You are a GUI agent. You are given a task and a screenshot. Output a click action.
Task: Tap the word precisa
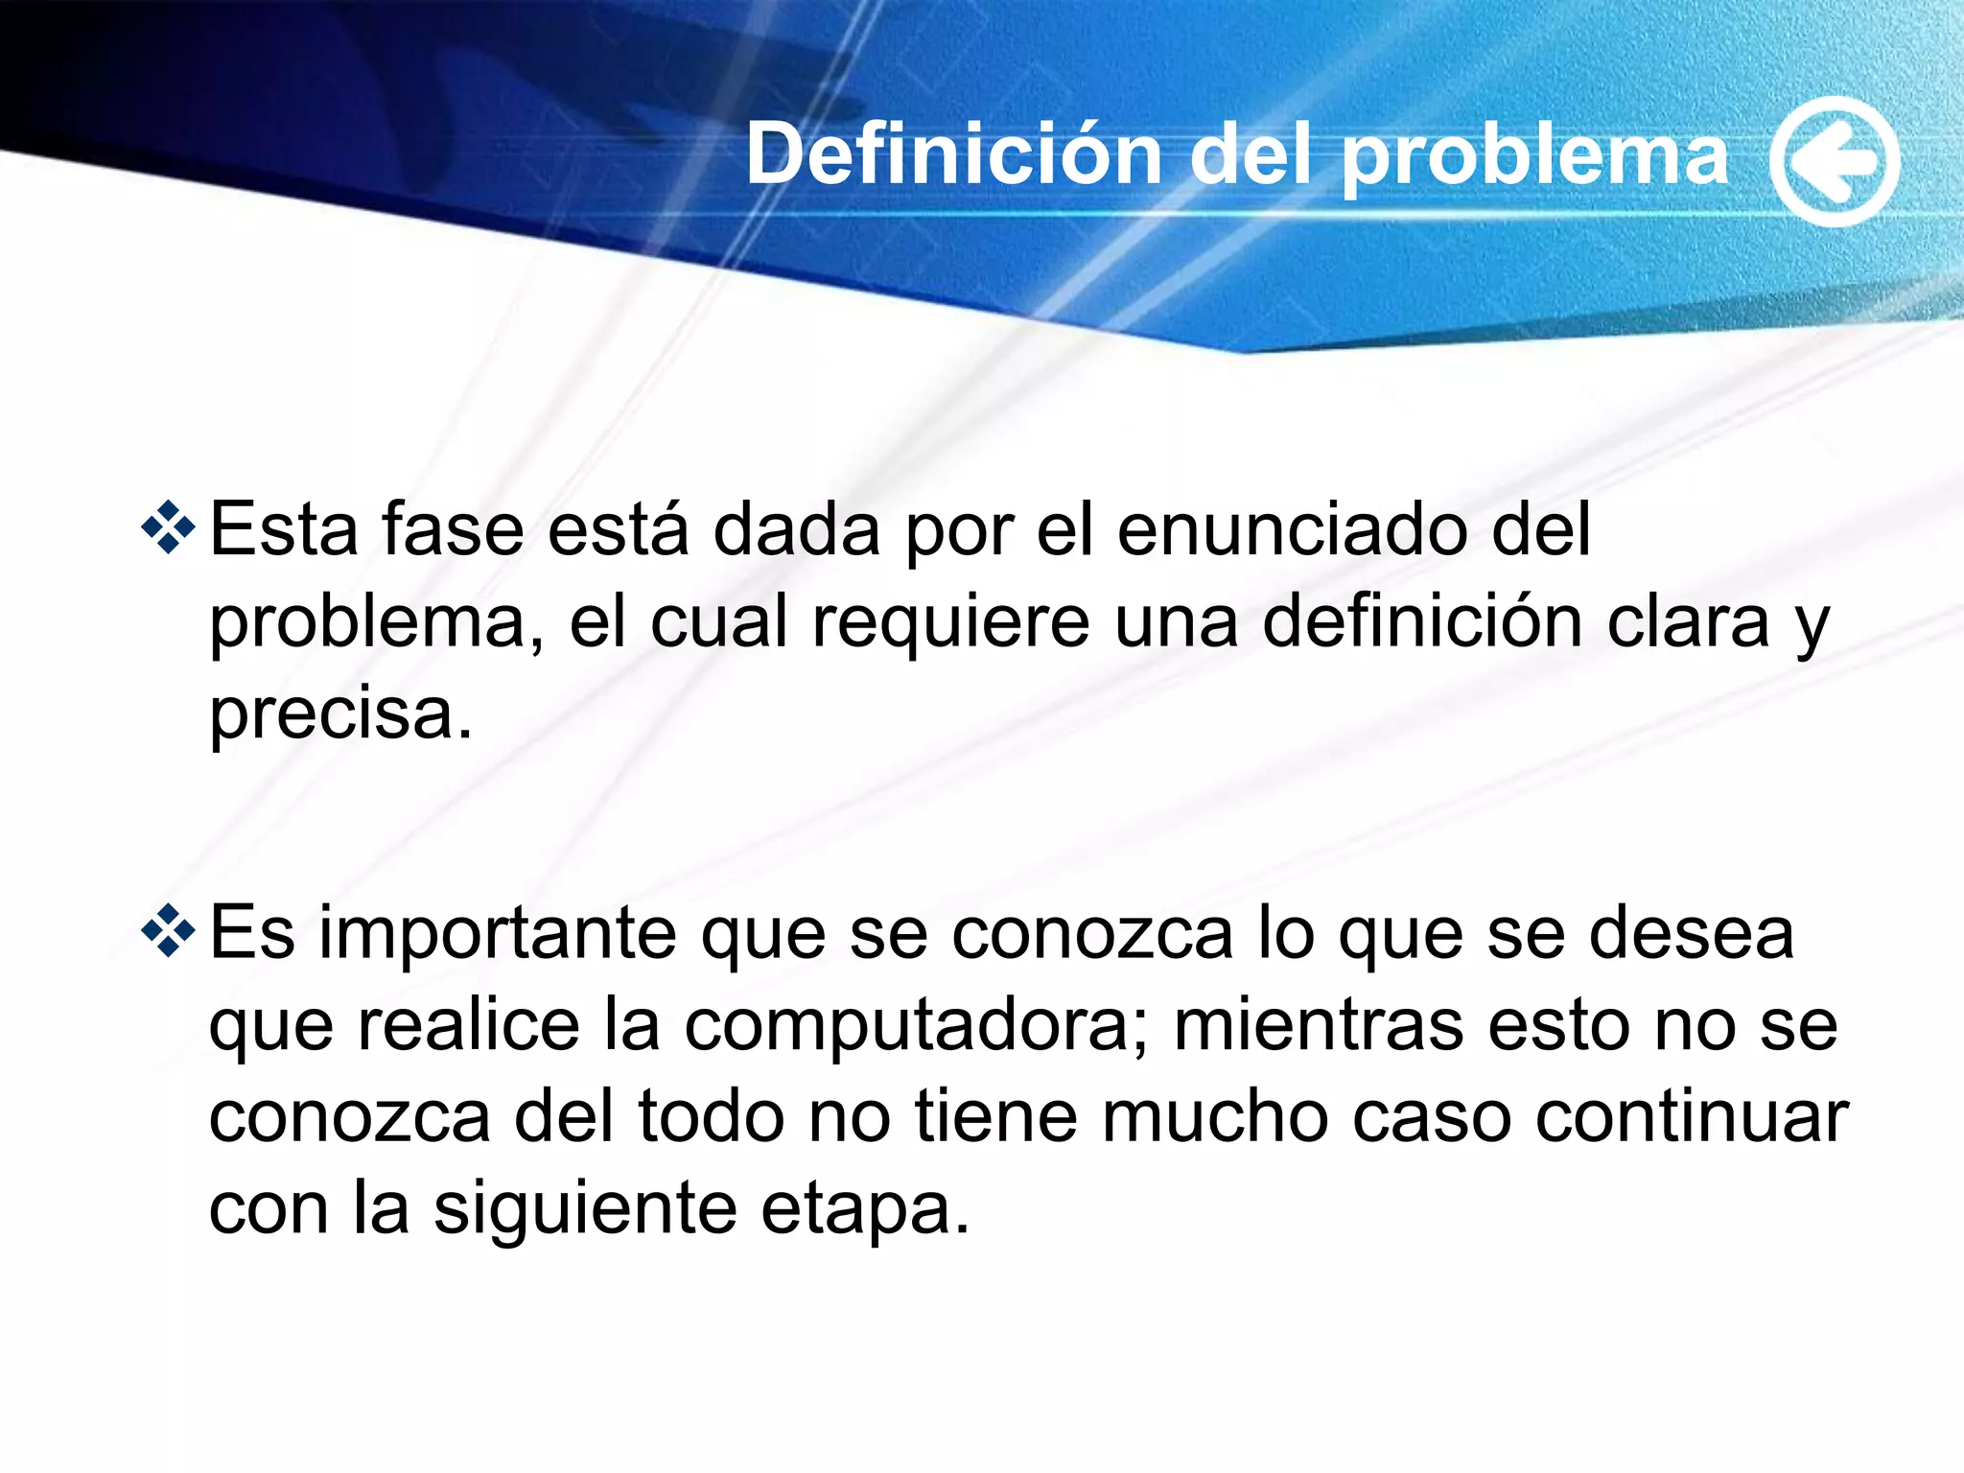tap(340, 715)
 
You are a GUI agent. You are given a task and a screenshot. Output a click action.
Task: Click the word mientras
tap(1319, 1024)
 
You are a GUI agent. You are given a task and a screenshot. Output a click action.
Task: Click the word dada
tap(796, 529)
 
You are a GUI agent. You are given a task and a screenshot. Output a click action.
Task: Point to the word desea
tap(1691, 933)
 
